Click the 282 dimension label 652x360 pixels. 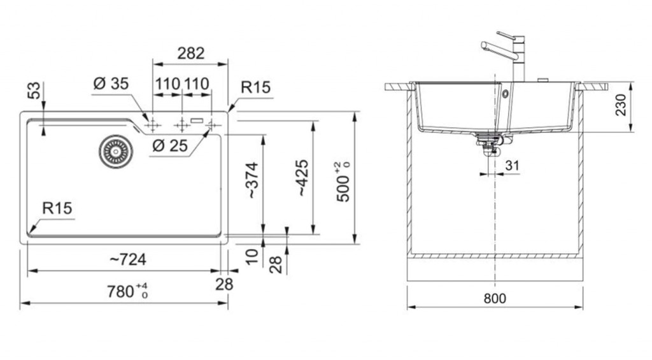pos(191,54)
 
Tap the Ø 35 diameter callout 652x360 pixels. pos(111,83)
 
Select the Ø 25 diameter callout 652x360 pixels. pos(170,146)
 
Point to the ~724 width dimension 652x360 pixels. pos(128,260)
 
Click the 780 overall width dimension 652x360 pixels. pos(127,291)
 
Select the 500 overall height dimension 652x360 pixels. pos(343,182)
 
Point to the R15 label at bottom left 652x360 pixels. pos(57,208)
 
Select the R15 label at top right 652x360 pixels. pos(256,87)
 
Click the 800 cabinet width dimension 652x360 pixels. pos(495,298)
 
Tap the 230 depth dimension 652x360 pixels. pos(620,105)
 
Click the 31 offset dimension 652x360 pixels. pos(512,165)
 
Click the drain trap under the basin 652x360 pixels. pos(490,143)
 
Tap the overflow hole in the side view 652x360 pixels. pos(505,94)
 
